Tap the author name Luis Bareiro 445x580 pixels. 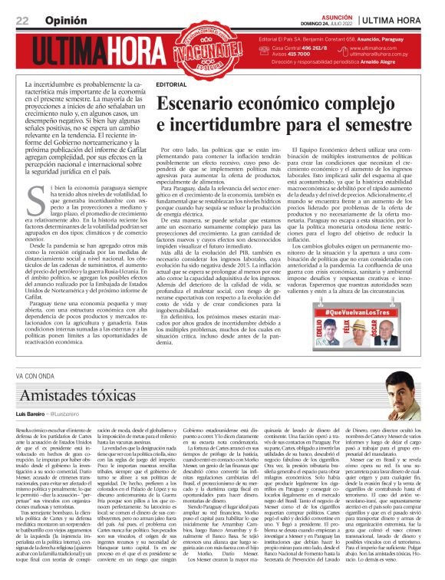click(31, 413)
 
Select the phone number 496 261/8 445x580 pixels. click(302, 48)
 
